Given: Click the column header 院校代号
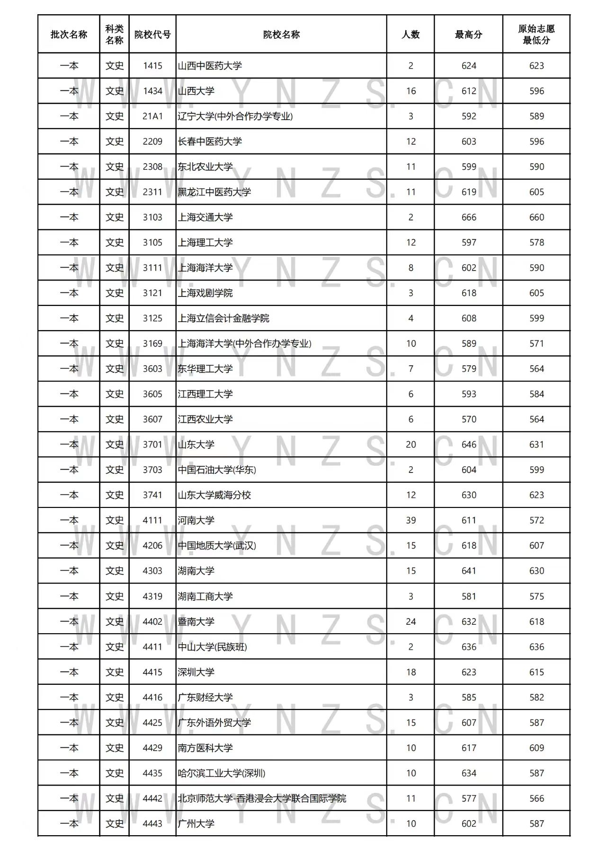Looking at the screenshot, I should pos(152,35).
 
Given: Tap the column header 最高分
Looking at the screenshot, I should pos(468,35).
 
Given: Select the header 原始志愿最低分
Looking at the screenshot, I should pos(536,35).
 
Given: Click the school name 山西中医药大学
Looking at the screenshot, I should pos(210,66).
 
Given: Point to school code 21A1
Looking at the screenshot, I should pos(152,116).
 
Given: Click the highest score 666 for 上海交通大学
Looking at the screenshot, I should pos(469,218).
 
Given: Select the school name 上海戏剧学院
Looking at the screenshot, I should pos(205,293).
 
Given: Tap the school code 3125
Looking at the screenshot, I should pos(152,318).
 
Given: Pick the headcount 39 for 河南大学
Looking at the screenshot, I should pos(410,520).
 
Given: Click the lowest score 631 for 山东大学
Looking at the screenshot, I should pos(536,445).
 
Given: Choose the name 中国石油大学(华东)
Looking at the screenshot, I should pos(217,470).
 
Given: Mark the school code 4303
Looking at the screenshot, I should pos(152,571).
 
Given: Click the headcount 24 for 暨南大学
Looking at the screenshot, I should pos(410,621).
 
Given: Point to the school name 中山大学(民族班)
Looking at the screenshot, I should pos(212,647).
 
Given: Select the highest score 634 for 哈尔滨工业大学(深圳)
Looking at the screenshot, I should pos(469,773).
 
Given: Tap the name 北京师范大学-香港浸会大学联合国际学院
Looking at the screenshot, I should pos(262,798).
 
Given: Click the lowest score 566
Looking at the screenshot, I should pos(536,798).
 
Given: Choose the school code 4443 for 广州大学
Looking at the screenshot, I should pos(152,823).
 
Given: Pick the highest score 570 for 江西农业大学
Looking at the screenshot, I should pos(469,419).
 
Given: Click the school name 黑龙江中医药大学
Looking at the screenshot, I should pos(214,192).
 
